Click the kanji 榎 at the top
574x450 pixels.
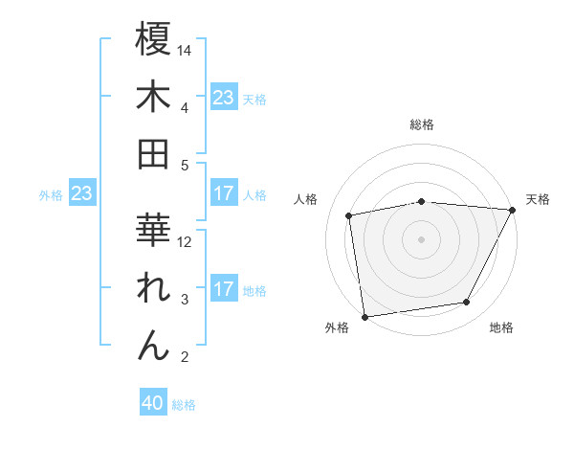153,40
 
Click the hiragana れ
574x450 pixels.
153,287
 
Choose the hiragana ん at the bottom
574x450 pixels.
153,344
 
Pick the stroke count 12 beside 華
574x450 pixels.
186,242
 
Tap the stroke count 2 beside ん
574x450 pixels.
184,357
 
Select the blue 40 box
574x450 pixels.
153,404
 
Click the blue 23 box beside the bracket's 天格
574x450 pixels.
223,98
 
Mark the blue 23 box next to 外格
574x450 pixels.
81,194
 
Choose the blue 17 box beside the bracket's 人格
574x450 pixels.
223,194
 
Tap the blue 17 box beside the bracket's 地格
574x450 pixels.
223,289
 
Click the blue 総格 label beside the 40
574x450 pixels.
184,405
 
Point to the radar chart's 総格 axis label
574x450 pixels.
422,125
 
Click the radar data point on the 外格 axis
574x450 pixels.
364,315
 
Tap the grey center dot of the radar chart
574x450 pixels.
422,238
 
